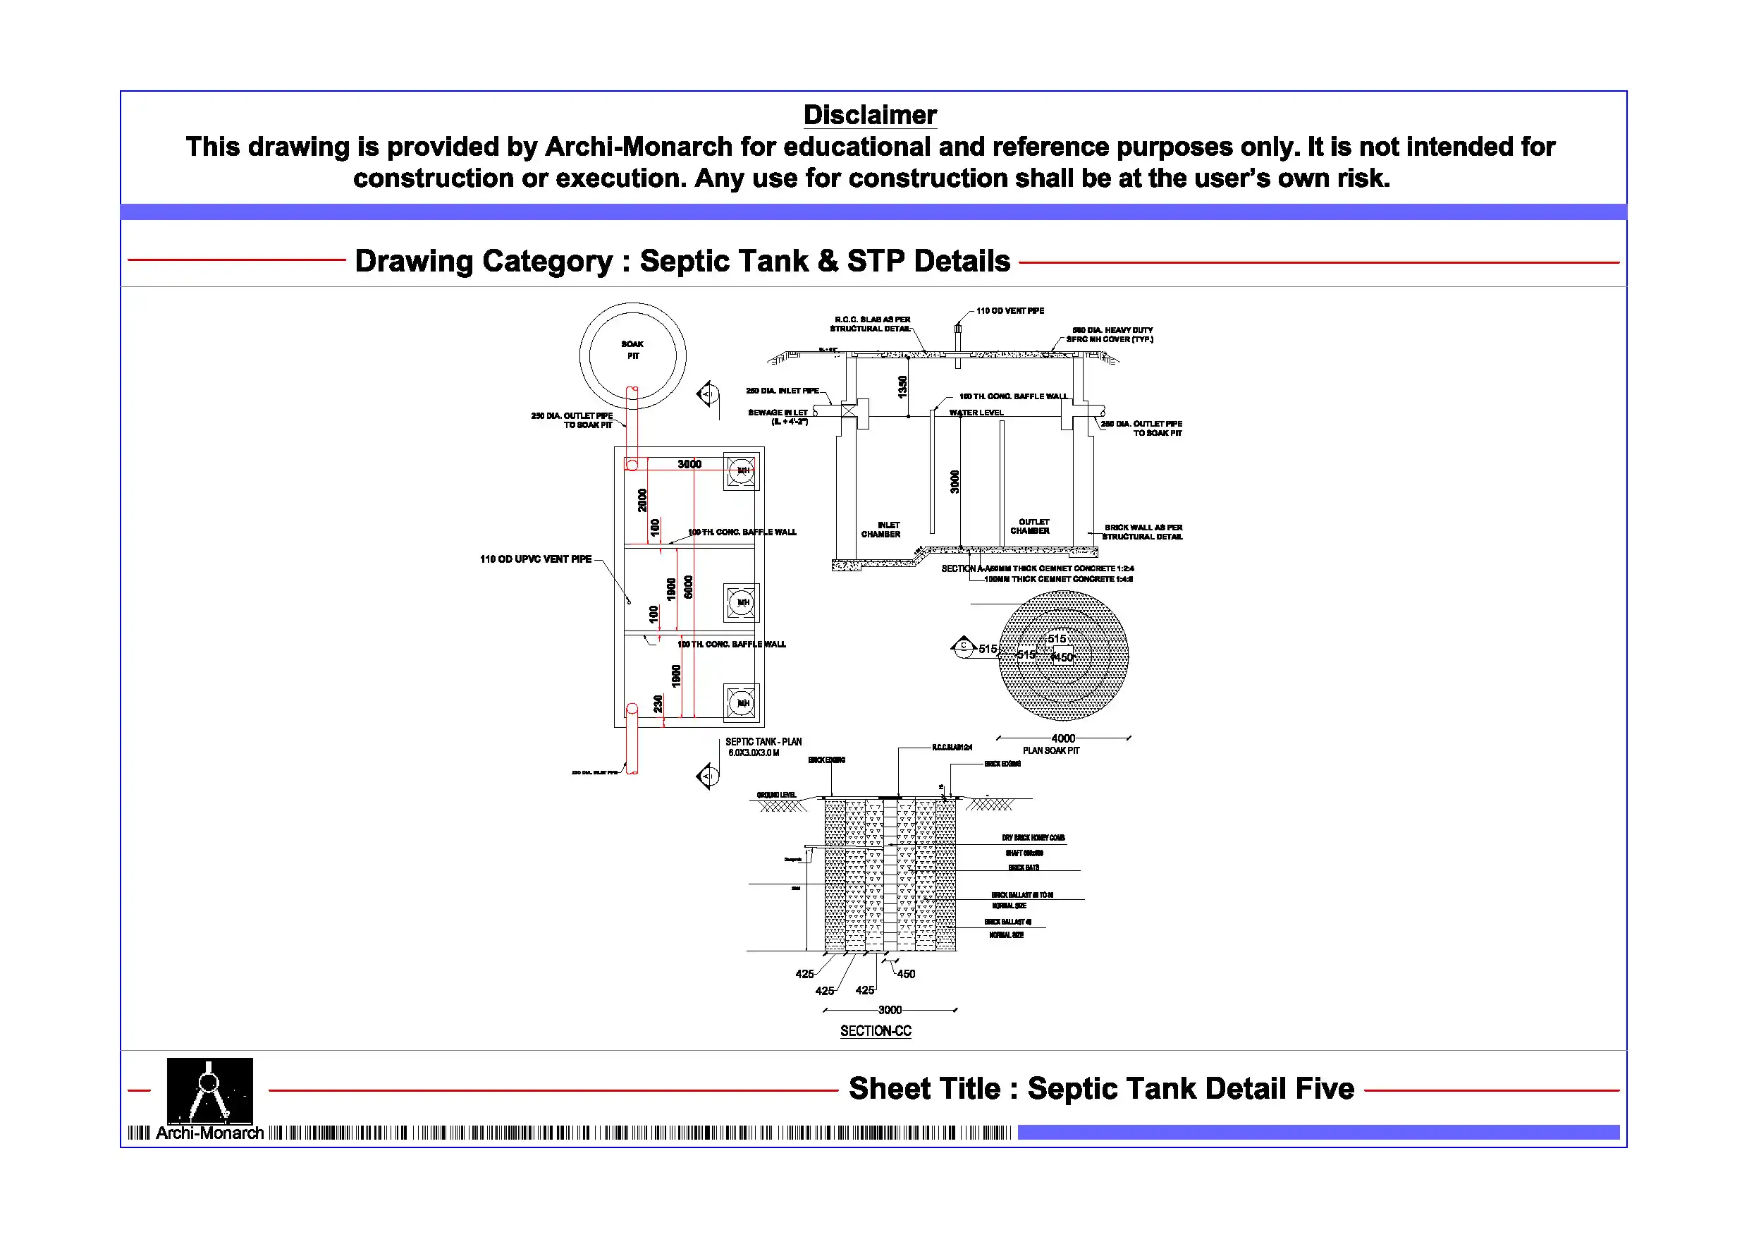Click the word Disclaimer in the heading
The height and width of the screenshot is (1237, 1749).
click(869, 115)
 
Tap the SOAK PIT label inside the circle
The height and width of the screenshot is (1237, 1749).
click(632, 350)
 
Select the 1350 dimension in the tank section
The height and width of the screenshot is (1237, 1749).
click(902, 386)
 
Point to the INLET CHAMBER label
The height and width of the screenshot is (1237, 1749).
click(881, 530)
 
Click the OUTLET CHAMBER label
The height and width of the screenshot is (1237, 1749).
click(1030, 526)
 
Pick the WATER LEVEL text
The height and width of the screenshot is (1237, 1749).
click(976, 413)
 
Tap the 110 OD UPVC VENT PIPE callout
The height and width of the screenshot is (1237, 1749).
click(536, 559)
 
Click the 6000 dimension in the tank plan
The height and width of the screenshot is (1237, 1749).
click(689, 587)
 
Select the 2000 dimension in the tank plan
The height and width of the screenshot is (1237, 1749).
click(642, 500)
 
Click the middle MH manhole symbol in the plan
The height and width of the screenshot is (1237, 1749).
click(741, 602)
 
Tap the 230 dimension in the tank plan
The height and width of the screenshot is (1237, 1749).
click(658, 703)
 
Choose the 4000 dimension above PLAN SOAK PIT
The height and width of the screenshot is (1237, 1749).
click(1062, 738)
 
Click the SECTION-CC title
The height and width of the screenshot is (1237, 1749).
click(876, 1031)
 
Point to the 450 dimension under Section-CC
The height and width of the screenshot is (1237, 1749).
click(906, 974)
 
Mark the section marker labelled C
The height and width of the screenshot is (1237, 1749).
click(964, 646)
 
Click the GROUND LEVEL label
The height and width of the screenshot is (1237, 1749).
click(776, 795)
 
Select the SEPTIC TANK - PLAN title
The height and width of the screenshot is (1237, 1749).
click(763, 742)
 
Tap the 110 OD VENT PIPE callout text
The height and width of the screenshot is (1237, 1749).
click(1010, 311)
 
